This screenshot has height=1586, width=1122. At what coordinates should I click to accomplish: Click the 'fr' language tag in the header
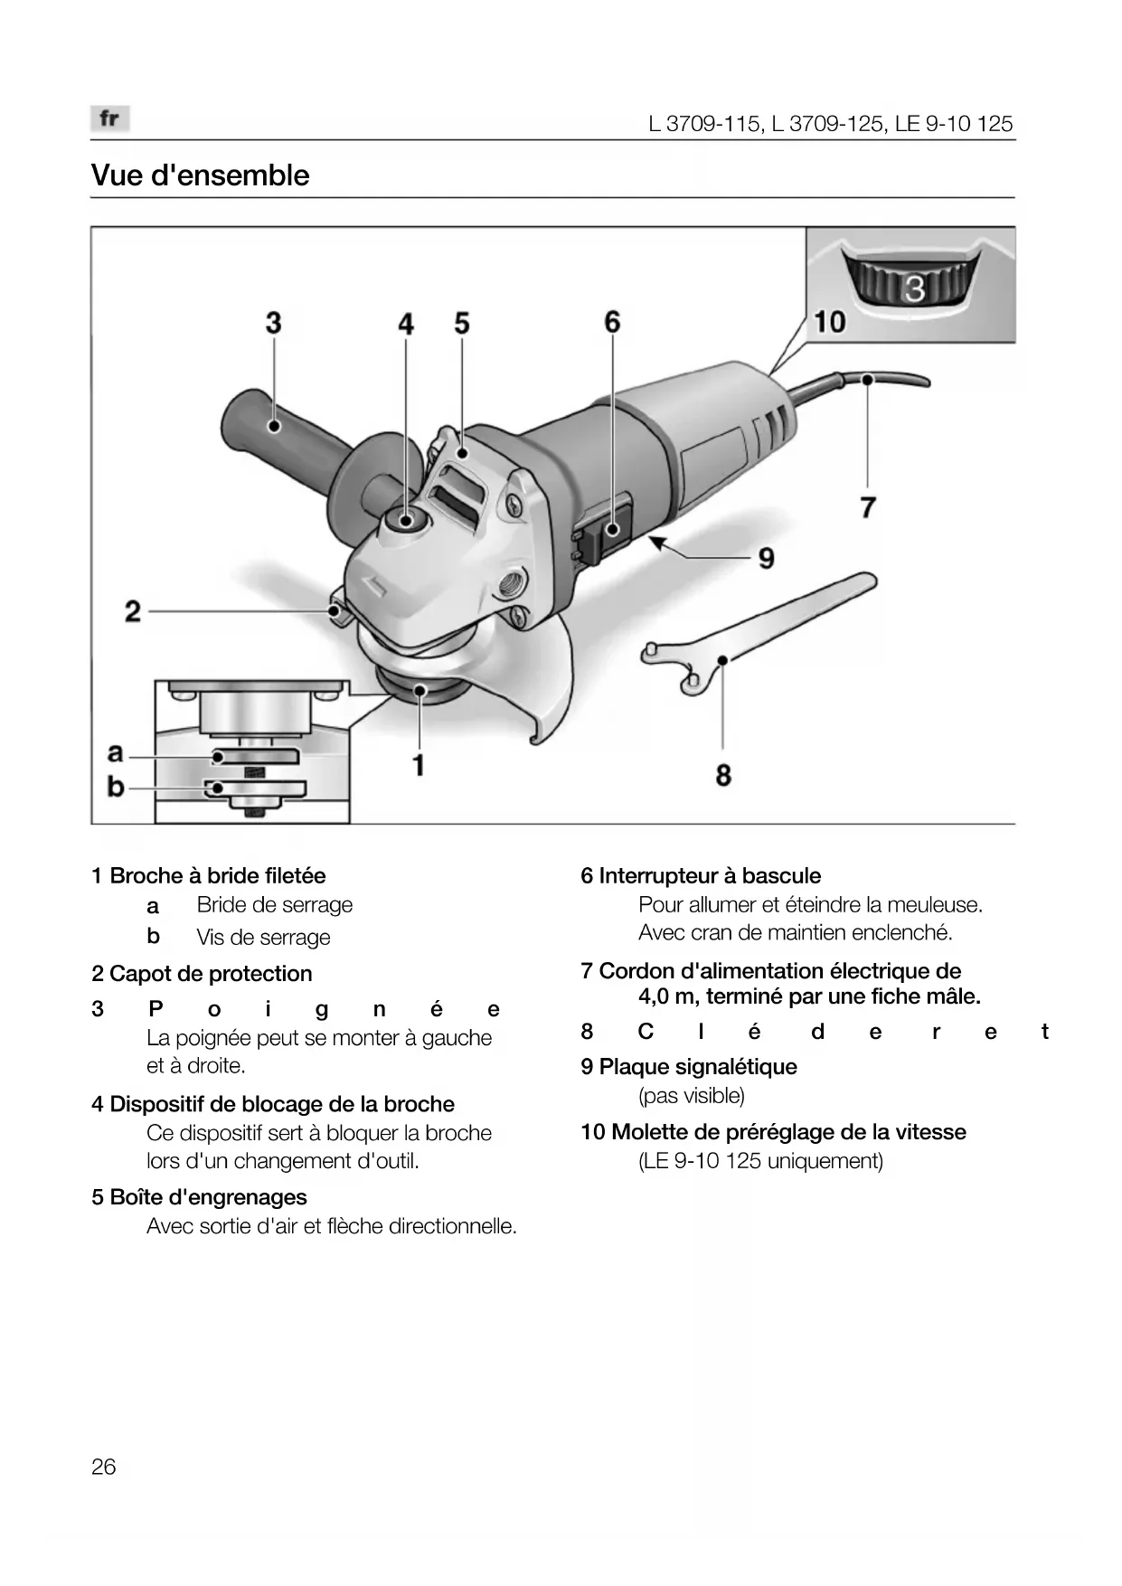[109, 118]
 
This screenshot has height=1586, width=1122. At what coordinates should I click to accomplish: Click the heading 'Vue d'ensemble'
[200, 175]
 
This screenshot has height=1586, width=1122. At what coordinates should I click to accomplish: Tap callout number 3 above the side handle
[273, 323]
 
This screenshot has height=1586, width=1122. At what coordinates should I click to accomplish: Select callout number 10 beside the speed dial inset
[829, 321]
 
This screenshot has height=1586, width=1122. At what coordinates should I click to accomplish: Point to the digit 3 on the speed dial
[915, 288]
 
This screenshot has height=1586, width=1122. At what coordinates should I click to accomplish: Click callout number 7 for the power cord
[868, 506]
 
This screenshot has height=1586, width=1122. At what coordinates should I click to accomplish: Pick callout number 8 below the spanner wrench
[723, 775]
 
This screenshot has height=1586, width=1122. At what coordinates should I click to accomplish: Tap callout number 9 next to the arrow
[766, 558]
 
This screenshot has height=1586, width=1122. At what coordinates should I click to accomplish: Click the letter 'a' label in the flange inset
[115, 752]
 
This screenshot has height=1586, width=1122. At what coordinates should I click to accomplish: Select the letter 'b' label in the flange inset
[115, 788]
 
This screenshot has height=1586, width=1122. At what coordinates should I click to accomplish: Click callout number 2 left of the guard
[133, 612]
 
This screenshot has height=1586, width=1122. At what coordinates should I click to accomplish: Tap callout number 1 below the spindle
[419, 766]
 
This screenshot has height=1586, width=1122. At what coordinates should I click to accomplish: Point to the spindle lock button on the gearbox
[404, 519]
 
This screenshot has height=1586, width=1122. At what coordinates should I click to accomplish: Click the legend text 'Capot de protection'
[211, 974]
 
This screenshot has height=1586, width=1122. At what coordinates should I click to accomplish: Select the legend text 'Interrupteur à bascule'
[710, 876]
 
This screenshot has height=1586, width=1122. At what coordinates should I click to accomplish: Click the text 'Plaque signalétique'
[698, 1067]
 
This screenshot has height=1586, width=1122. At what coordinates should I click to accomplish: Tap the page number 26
[104, 1467]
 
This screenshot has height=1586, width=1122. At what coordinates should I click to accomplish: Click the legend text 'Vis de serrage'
[263, 938]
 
